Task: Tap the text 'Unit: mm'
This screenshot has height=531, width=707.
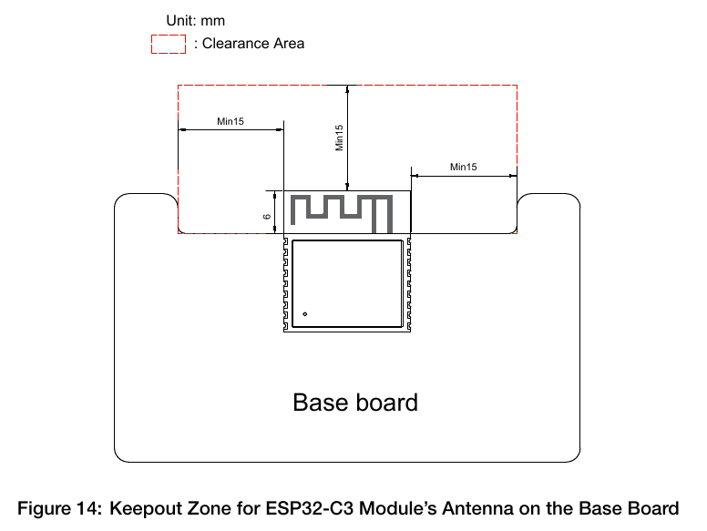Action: point(195,21)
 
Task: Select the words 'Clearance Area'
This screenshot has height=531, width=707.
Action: point(253,44)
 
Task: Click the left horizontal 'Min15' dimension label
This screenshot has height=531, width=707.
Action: point(231,121)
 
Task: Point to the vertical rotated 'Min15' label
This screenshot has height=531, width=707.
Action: point(339,138)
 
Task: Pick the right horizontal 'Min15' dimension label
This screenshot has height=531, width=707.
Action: point(464,167)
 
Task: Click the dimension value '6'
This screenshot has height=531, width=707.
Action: point(267,217)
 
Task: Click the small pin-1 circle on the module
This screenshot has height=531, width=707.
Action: point(305,313)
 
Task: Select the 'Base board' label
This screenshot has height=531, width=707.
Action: point(355,402)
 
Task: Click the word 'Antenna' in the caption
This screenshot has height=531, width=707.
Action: point(477,508)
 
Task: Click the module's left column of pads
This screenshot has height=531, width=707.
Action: point(285,284)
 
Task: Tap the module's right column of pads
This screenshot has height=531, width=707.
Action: point(409,284)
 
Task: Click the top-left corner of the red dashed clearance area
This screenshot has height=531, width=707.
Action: point(178,85)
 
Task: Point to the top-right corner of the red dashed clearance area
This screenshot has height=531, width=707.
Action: point(517,85)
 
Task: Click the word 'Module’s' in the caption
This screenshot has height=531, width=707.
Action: point(397,508)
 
